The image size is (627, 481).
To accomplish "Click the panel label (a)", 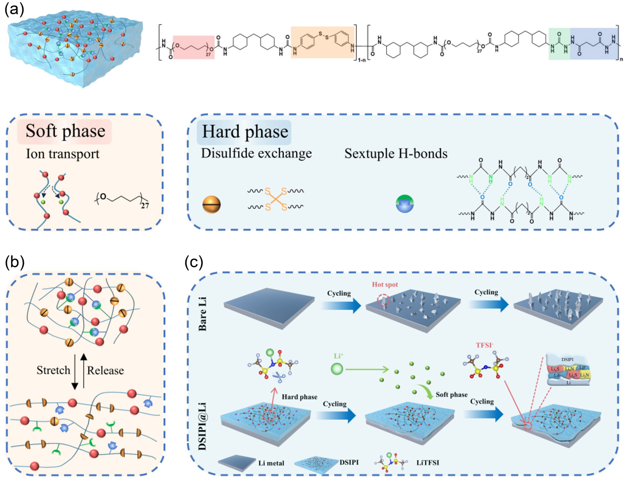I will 14,9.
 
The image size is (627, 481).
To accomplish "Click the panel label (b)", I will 14,262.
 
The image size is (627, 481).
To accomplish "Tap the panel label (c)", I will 194,262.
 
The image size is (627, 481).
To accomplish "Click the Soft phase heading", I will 65,131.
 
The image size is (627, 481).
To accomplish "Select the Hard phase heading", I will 245,132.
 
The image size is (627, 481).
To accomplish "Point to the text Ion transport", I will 62,154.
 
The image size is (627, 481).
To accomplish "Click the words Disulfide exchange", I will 256,153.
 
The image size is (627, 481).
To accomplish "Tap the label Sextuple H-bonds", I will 396,154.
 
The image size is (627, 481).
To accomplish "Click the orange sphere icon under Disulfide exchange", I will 212,205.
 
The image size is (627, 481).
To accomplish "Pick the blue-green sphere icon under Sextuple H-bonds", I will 405,203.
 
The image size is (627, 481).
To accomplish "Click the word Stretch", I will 53,370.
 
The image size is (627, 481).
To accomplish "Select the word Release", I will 105,370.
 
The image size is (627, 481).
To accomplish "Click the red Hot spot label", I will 385,285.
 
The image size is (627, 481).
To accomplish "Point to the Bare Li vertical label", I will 202,313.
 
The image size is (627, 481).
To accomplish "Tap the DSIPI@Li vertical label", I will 202,426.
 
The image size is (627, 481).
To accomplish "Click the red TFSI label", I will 485,345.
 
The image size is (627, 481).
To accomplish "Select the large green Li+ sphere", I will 337,369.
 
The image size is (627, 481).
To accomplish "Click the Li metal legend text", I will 271,463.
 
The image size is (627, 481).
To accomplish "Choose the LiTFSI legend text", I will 427,463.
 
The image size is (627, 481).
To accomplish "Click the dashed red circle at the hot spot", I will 383,301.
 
